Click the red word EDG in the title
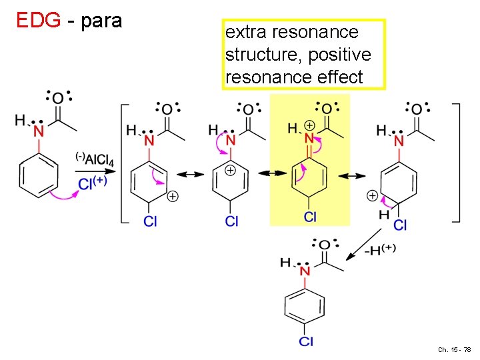[39, 21]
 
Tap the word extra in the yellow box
[246, 32]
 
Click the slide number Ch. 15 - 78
[455, 349]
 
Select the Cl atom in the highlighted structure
[310, 216]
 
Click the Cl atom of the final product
[305, 342]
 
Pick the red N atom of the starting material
[39, 131]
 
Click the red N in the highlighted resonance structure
[309, 139]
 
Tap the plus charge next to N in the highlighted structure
[310, 125]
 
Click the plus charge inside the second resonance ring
[230, 171]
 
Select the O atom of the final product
[324, 245]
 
